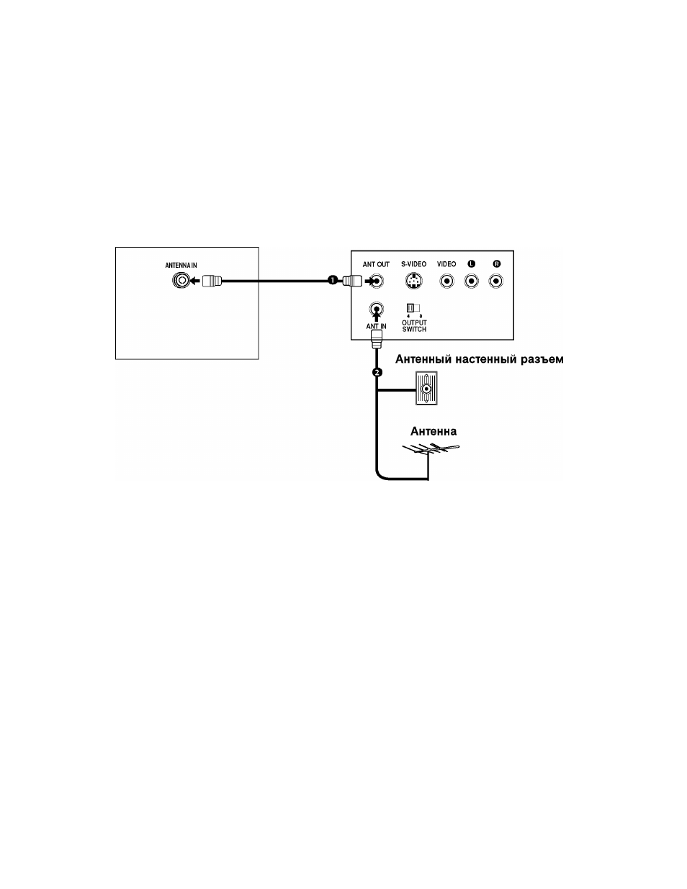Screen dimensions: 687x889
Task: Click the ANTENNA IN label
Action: tap(181, 265)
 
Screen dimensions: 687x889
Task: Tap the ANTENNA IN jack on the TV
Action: tap(181, 281)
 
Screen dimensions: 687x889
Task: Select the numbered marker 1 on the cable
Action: tap(333, 280)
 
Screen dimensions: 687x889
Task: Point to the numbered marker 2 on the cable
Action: tap(377, 372)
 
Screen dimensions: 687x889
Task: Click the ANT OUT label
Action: tap(376, 264)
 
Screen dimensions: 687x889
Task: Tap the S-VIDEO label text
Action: tap(413, 264)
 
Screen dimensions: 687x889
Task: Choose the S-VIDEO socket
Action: tap(413, 281)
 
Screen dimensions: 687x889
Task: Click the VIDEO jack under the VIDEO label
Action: tap(446, 281)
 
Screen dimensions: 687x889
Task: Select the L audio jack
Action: tap(472, 281)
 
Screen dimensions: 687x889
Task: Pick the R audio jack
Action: tap(496, 281)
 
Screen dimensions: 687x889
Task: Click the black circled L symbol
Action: tap(472, 264)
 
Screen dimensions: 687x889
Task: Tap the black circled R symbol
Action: tap(497, 264)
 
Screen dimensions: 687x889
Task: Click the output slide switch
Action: tap(413, 308)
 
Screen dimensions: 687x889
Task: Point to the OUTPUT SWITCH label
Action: tap(414, 326)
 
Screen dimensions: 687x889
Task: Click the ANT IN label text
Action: tap(376, 327)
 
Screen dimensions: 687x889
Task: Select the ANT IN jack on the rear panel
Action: tap(376, 309)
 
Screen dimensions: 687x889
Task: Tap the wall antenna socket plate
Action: tap(426, 388)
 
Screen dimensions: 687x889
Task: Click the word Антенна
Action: tap(434, 432)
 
